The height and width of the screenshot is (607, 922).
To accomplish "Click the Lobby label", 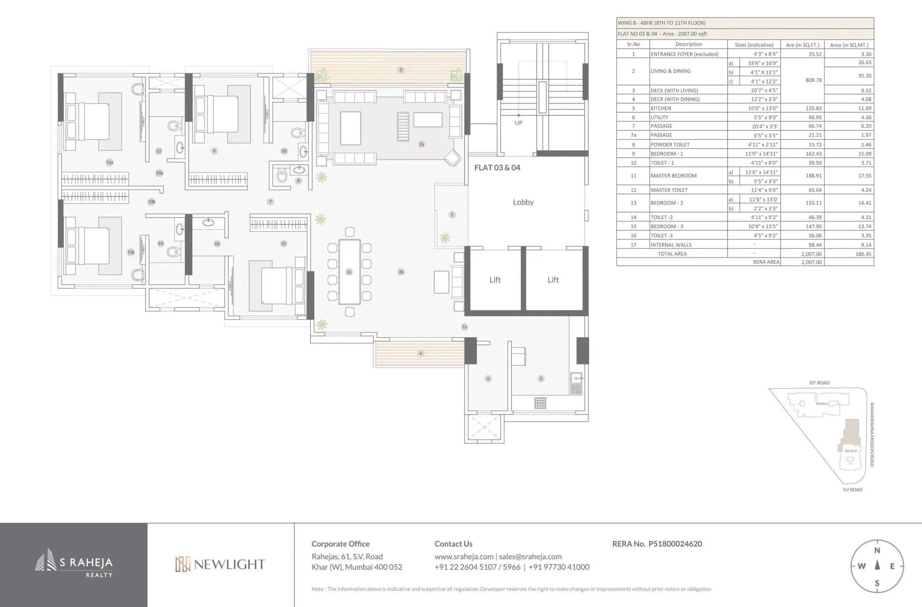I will [523, 202].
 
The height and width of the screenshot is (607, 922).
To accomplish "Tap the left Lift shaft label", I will [495, 280].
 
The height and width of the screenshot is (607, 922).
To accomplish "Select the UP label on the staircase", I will [519, 123].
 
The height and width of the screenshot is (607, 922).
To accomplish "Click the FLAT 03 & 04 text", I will [497, 167].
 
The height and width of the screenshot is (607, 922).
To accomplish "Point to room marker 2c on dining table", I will [349, 272].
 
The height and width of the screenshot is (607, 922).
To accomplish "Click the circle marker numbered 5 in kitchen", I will [541, 379].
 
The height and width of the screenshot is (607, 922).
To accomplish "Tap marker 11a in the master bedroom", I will [110, 162].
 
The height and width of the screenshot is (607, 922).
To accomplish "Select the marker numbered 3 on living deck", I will [401, 70].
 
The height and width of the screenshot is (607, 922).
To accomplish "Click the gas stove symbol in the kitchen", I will [540, 403].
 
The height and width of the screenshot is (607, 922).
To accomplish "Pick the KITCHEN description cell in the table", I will [661, 108].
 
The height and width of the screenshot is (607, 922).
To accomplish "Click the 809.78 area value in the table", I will [814, 80].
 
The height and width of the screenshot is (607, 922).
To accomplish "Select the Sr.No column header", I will [633, 45].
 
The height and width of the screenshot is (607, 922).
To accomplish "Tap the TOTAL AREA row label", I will [672, 254].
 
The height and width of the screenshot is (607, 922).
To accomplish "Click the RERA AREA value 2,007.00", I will [811, 262].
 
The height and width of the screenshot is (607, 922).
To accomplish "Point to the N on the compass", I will [877, 550].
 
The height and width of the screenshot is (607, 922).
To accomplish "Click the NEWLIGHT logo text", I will [229, 565].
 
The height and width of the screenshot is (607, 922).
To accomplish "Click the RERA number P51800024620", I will [675, 544].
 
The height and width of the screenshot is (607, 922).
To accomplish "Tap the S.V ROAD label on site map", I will [852, 489].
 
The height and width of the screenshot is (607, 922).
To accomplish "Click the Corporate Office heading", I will [340, 544].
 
